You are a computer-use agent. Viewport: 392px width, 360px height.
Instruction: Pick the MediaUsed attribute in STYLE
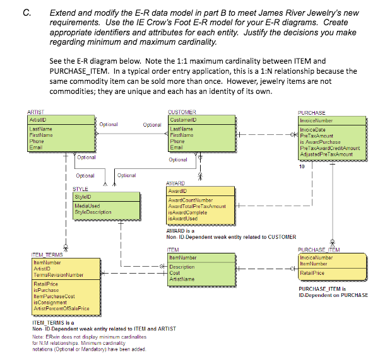pos(87,207)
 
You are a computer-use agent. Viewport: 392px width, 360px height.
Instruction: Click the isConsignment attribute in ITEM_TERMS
pos(47,303)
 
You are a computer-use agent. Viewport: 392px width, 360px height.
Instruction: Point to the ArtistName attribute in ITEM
pos(182,277)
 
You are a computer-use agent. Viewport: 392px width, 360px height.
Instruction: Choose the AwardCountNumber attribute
pos(191,200)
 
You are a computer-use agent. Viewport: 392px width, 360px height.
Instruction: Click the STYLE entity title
pos(80,189)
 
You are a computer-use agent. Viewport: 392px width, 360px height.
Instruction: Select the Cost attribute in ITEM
pos(176,272)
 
